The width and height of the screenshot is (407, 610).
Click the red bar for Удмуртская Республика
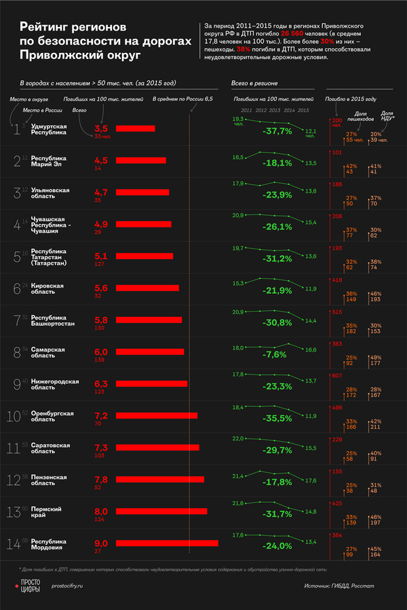[135, 128]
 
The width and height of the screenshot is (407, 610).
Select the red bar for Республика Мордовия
[167, 543]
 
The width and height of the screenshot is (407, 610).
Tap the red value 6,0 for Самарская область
[101, 351]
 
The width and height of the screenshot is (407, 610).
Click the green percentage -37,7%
[277, 130]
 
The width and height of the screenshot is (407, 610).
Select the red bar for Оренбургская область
[157, 415]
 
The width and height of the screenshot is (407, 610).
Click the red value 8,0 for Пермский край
[101, 511]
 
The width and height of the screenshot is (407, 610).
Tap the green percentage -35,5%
[277, 418]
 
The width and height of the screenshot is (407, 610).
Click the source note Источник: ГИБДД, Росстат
[336, 586]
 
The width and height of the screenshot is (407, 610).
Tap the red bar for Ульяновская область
[142, 192]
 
